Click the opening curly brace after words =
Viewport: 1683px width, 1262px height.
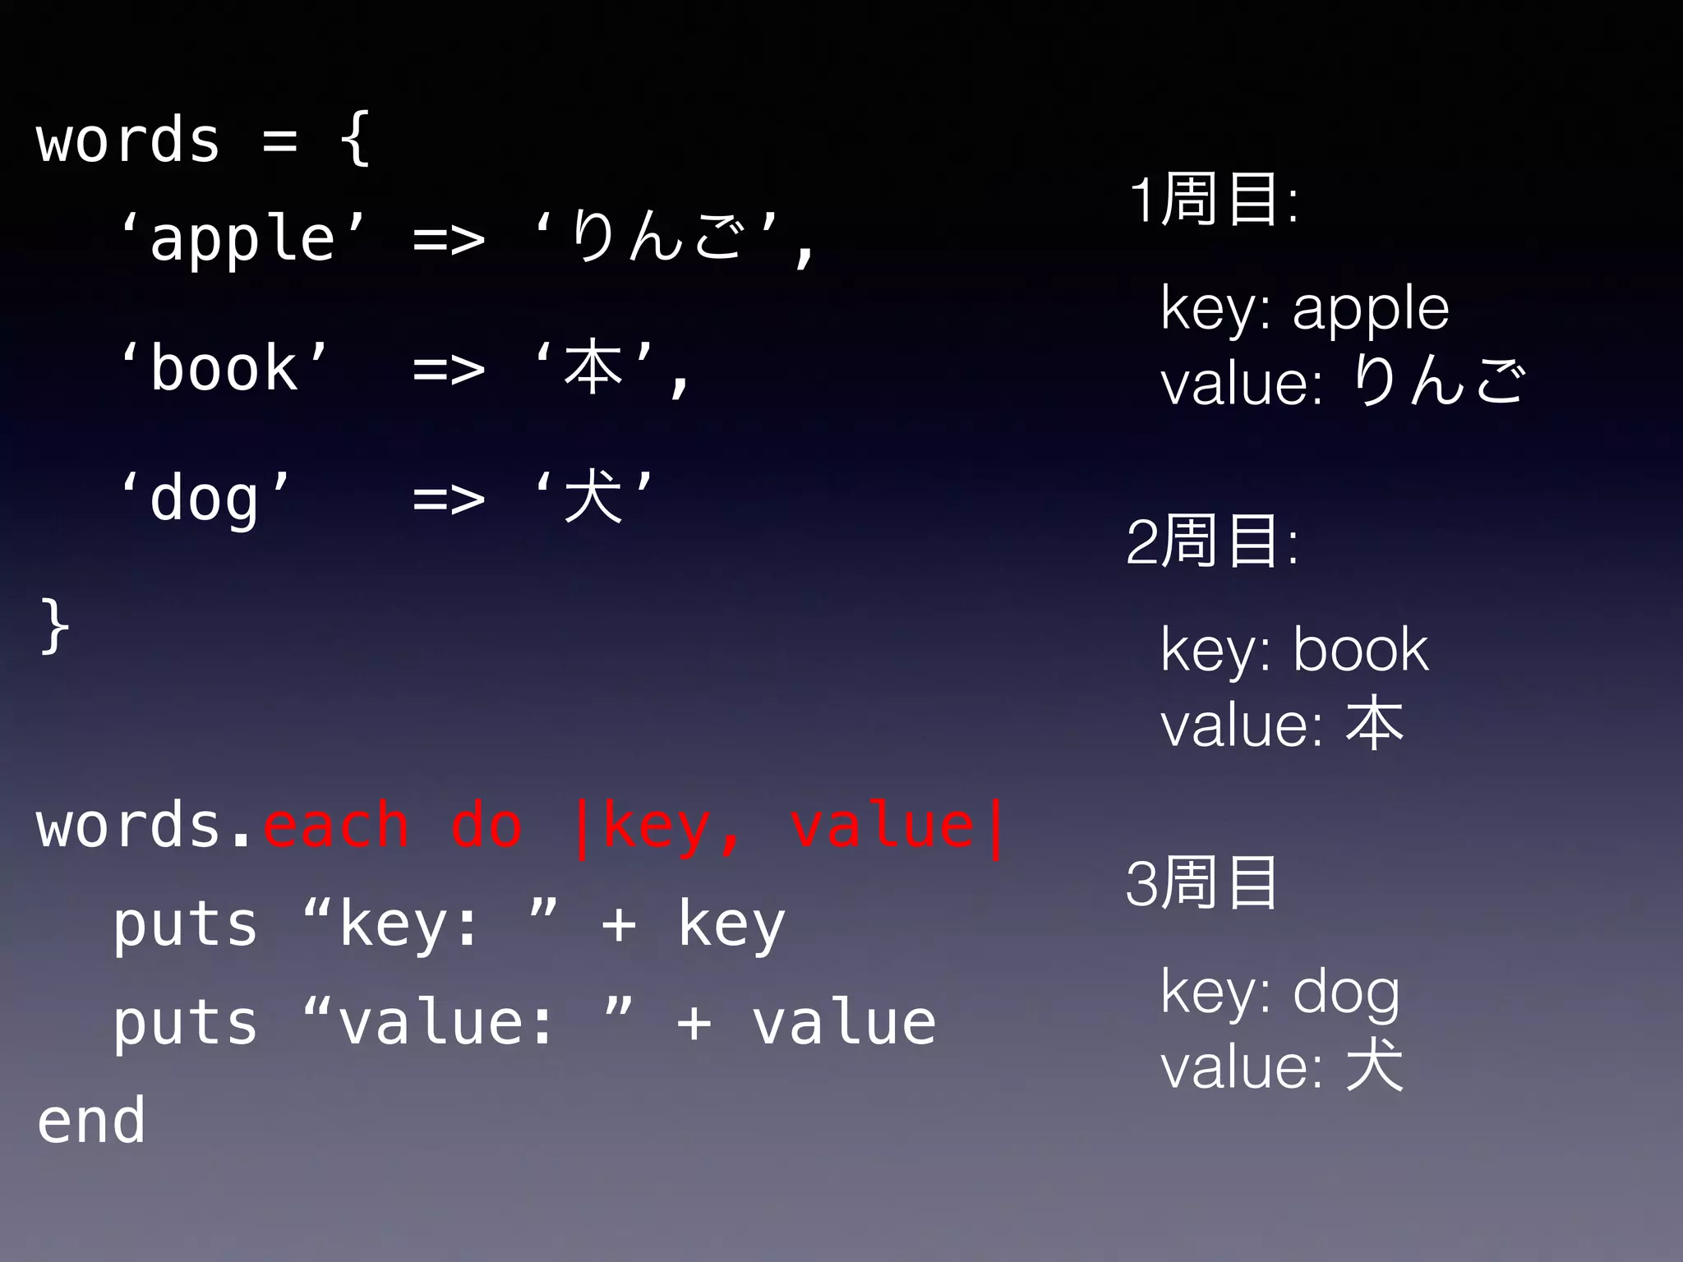click(x=355, y=140)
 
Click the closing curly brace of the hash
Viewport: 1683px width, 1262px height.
click(x=53, y=627)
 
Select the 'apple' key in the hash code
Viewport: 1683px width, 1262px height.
click(x=242, y=238)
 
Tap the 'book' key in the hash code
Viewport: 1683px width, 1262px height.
click(x=224, y=368)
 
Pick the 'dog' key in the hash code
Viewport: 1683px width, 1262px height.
click(x=205, y=498)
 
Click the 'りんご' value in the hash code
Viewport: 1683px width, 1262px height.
click(x=656, y=237)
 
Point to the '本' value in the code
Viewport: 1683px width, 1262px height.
click(x=593, y=367)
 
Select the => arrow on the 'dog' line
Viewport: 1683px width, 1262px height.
click(x=449, y=498)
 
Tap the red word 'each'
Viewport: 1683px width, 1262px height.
click(x=335, y=826)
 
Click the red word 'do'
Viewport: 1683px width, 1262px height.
click(x=486, y=826)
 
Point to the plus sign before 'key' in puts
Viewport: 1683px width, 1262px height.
click(x=619, y=924)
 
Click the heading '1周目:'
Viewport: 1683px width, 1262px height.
click(x=1213, y=199)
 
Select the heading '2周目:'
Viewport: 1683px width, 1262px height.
click(x=1213, y=541)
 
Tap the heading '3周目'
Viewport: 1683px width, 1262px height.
click(x=1201, y=883)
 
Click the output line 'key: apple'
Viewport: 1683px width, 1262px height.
click(x=1305, y=309)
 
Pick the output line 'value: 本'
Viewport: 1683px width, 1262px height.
click(x=1282, y=725)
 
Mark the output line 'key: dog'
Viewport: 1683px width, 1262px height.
click(x=1280, y=993)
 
